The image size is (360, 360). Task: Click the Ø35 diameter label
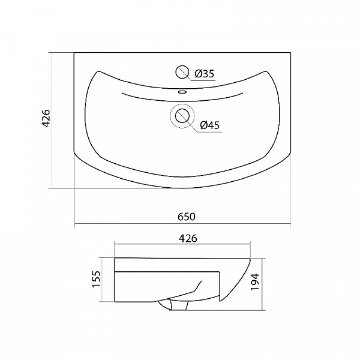pyautogui.click(x=204, y=74)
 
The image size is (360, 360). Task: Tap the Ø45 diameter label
pyautogui.click(x=209, y=125)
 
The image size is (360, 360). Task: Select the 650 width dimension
pyautogui.click(x=187, y=217)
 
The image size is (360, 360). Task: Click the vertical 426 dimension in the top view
pyautogui.click(x=46, y=118)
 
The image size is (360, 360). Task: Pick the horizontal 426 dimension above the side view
pyautogui.click(x=188, y=239)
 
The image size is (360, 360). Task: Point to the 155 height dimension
pyautogui.click(x=97, y=279)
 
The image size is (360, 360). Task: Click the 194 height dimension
pyautogui.click(x=254, y=281)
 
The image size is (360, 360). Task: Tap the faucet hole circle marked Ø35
pyautogui.click(x=182, y=71)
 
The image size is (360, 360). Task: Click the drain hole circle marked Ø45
pyautogui.click(x=182, y=115)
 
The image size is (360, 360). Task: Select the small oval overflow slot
pyautogui.click(x=182, y=92)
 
